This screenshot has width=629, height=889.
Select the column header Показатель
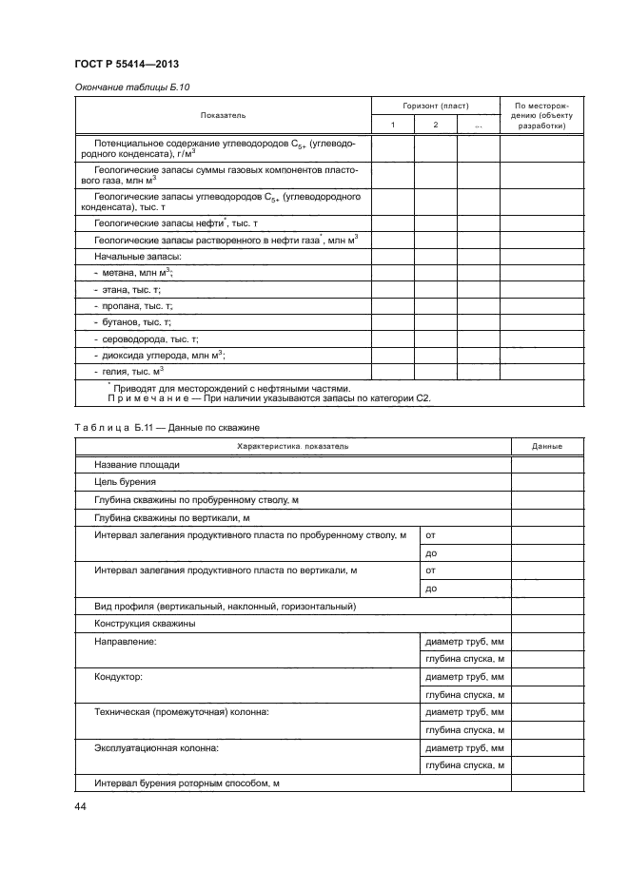tap(223, 115)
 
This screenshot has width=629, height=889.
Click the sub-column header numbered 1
tap(392, 126)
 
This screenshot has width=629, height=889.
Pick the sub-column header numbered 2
tap(435, 126)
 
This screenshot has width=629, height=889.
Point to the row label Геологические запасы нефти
tap(162, 222)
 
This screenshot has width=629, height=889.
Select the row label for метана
tap(133, 273)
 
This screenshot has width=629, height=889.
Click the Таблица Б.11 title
tap(159, 428)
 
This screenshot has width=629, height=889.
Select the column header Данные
tap(547, 446)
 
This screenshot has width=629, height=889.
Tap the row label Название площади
tap(137, 464)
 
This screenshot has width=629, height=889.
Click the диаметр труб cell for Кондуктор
tap(464, 677)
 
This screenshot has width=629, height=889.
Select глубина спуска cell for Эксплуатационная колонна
tap(464, 765)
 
